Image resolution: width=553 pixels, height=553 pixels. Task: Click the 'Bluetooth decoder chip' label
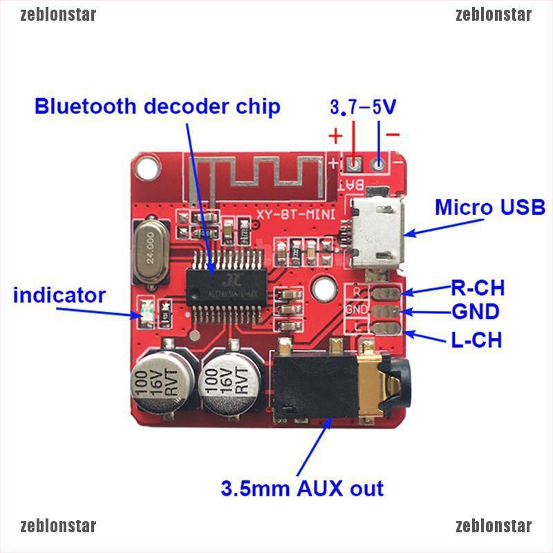pos(158,106)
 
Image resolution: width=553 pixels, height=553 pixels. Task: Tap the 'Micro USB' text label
pos(490,207)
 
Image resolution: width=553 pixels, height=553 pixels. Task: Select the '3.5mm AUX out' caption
pos(302,489)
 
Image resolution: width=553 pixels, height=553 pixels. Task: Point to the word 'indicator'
pos(59,296)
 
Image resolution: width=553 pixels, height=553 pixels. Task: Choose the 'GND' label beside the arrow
pos(476,312)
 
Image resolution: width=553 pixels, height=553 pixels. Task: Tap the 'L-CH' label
pos(476,339)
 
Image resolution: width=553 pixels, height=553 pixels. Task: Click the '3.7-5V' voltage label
pos(362,107)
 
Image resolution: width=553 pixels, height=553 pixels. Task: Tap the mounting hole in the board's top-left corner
pos(146,166)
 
